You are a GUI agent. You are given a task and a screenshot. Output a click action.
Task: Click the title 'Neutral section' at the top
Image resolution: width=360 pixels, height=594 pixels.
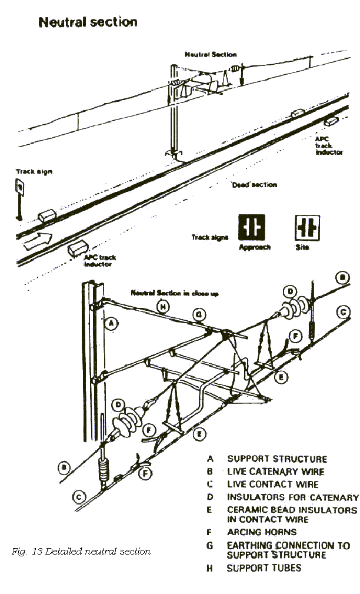[x=88, y=22]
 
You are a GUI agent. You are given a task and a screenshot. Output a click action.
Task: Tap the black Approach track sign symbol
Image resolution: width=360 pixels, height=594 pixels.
[x=251, y=227]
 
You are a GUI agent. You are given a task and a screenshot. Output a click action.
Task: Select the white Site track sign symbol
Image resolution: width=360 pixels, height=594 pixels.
[x=306, y=227]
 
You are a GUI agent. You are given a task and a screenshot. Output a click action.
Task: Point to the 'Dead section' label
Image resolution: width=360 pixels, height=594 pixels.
[x=254, y=185]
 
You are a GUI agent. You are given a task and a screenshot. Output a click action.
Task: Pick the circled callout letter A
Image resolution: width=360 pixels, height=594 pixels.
[x=110, y=322]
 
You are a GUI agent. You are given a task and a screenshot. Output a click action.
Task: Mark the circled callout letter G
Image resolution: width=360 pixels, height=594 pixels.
[x=199, y=316]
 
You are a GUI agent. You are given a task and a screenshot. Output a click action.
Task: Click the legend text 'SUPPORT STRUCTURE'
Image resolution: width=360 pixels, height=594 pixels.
[x=277, y=459]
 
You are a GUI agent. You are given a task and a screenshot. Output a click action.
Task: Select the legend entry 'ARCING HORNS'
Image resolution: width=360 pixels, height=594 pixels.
[x=262, y=532]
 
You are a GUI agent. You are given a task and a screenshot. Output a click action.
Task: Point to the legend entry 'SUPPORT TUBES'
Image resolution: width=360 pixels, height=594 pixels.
[x=264, y=568]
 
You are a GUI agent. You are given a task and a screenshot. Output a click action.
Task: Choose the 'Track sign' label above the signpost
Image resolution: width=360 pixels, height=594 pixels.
[x=34, y=171]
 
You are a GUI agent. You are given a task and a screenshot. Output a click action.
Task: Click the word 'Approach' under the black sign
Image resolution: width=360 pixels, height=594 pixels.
[x=255, y=247]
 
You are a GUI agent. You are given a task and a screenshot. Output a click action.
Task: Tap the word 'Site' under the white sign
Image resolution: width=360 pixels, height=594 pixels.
[x=302, y=247]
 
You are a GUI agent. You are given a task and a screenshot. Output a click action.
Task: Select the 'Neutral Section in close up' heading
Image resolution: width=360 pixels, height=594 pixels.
[x=175, y=293]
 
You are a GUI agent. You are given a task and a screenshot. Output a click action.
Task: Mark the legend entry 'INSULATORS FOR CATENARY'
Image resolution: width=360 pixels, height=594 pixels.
[x=293, y=497]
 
